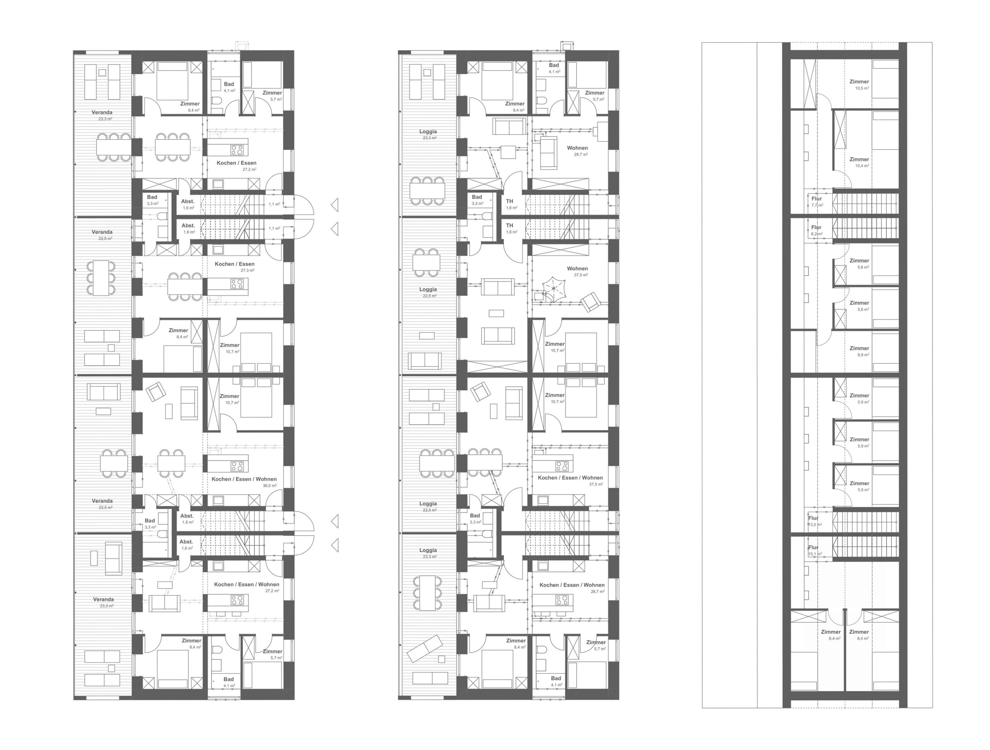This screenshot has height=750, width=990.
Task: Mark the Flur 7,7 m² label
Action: click(817, 202)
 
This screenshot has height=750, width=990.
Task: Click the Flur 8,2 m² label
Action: click(817, 230)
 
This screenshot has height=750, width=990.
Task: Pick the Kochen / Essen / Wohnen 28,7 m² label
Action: click(572, 588)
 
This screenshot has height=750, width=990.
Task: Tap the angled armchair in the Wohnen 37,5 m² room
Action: click(591, 302)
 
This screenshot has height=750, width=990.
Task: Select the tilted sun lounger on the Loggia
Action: click(425, 648)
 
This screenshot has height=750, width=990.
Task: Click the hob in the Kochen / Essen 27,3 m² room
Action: click(237, 284)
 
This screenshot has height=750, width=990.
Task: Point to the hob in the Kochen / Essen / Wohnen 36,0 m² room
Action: click(237, 466)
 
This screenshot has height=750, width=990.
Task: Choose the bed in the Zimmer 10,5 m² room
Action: click(885, 79)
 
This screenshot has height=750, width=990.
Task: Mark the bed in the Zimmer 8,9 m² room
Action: click(885, 353)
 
